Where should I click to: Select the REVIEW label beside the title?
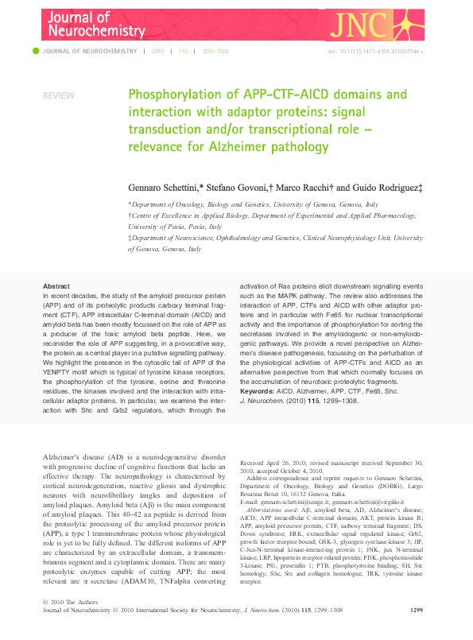tap(58, 95)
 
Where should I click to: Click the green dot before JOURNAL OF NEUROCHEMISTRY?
tap(35, 51)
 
